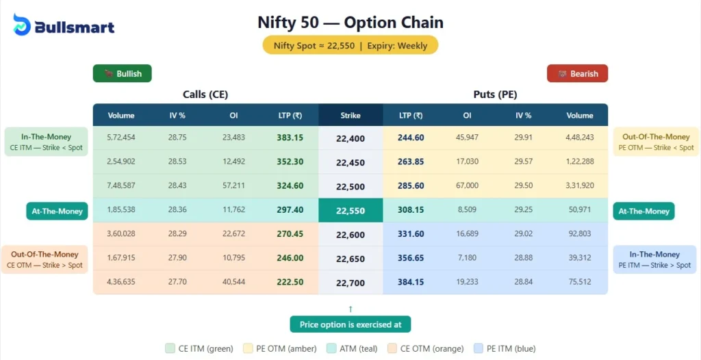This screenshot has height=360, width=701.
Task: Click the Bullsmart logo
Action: click(64, 26)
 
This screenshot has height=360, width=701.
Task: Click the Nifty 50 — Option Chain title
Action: click(350, 22)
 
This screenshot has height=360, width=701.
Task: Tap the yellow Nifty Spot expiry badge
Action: click(350, 46)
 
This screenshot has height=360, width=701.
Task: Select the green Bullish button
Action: click(123, 73)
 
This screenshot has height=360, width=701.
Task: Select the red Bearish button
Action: click(577, 73)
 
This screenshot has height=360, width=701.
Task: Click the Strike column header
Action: click(350, 116)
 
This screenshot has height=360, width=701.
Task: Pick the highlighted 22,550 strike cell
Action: click(350, 211)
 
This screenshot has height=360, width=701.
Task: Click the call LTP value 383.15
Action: click(290, 138)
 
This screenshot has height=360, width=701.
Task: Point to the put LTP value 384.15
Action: click(411, 281)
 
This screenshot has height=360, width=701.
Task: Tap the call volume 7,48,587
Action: click(121, 185)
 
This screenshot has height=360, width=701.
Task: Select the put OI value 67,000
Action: click(467, 185)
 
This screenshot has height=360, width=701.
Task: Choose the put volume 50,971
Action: click(580, 211)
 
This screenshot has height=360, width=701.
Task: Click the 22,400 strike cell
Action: click(350, 138)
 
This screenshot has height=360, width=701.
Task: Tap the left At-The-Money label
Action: click(58, 211)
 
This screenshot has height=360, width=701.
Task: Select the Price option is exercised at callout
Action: click(350, 324)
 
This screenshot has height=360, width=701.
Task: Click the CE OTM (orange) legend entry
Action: click(425, 348)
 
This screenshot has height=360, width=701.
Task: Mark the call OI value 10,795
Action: click(233, 257)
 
